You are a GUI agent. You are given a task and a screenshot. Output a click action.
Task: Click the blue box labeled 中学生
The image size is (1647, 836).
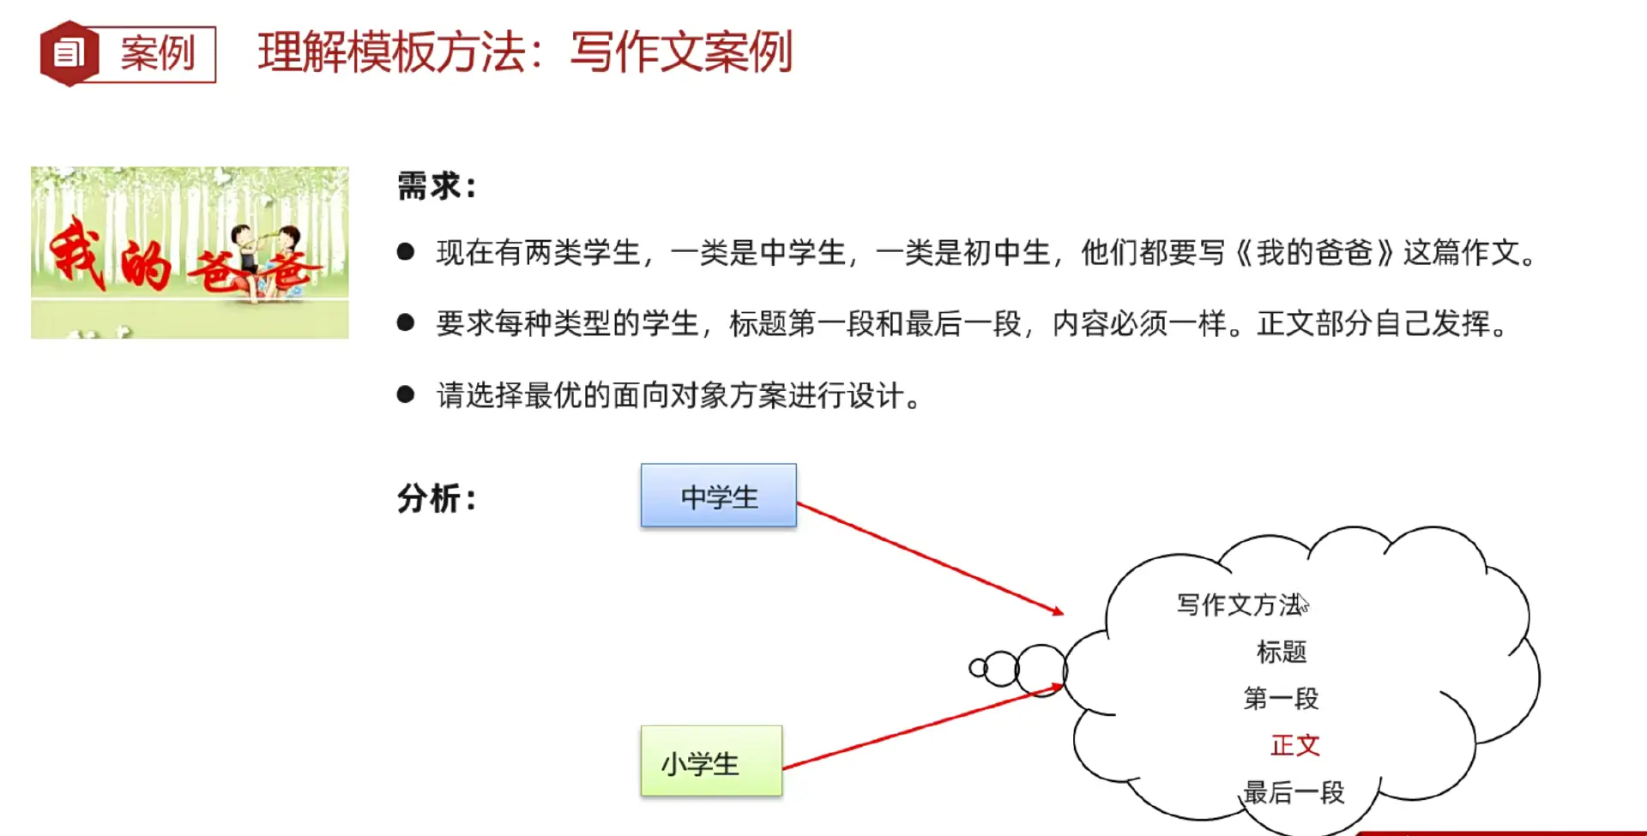click(x=718, y=496)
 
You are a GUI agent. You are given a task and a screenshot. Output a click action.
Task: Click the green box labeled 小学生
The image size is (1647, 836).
click(x=711, y=761)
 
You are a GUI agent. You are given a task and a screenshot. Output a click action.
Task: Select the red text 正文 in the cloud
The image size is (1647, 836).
click(x=1294, y=745)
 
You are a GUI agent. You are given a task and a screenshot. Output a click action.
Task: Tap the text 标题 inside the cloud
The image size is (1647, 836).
click(x=1281, y=652)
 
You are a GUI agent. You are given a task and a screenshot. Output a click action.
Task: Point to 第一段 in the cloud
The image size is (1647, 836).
click(x=1281, y=698)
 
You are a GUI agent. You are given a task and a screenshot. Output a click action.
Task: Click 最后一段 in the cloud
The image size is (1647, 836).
click(x=1294, y=792)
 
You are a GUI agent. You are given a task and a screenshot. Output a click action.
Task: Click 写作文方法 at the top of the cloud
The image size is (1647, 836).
click(x=1240, y=604)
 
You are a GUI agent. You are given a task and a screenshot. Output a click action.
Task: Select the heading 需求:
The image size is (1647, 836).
click(x=436, y=186)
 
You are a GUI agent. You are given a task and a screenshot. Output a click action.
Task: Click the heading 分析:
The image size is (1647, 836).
click(x=436, y=498)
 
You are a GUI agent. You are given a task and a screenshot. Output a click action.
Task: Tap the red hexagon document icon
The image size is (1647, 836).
click(x=69, y=54)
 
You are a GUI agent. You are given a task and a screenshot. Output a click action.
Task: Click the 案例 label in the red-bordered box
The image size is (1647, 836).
click(x=158, y=54)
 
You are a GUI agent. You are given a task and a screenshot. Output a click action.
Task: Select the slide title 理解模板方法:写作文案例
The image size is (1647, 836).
click(x=525, y=52)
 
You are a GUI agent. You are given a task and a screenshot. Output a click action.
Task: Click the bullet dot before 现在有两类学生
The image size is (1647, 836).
click(x=406, y=251)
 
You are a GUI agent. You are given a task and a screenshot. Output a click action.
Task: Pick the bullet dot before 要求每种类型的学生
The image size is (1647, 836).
click(x=406, y=322)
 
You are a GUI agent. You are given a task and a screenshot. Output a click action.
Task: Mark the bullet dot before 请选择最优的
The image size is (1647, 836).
click(x=406, y=394)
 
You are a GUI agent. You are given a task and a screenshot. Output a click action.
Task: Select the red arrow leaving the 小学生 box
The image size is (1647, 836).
click(x=922, y=726)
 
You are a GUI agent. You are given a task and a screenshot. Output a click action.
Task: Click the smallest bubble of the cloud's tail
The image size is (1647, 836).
click(x=977, y=668)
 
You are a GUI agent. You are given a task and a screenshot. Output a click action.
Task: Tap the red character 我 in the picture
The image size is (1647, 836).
click(x=77, y=252)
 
